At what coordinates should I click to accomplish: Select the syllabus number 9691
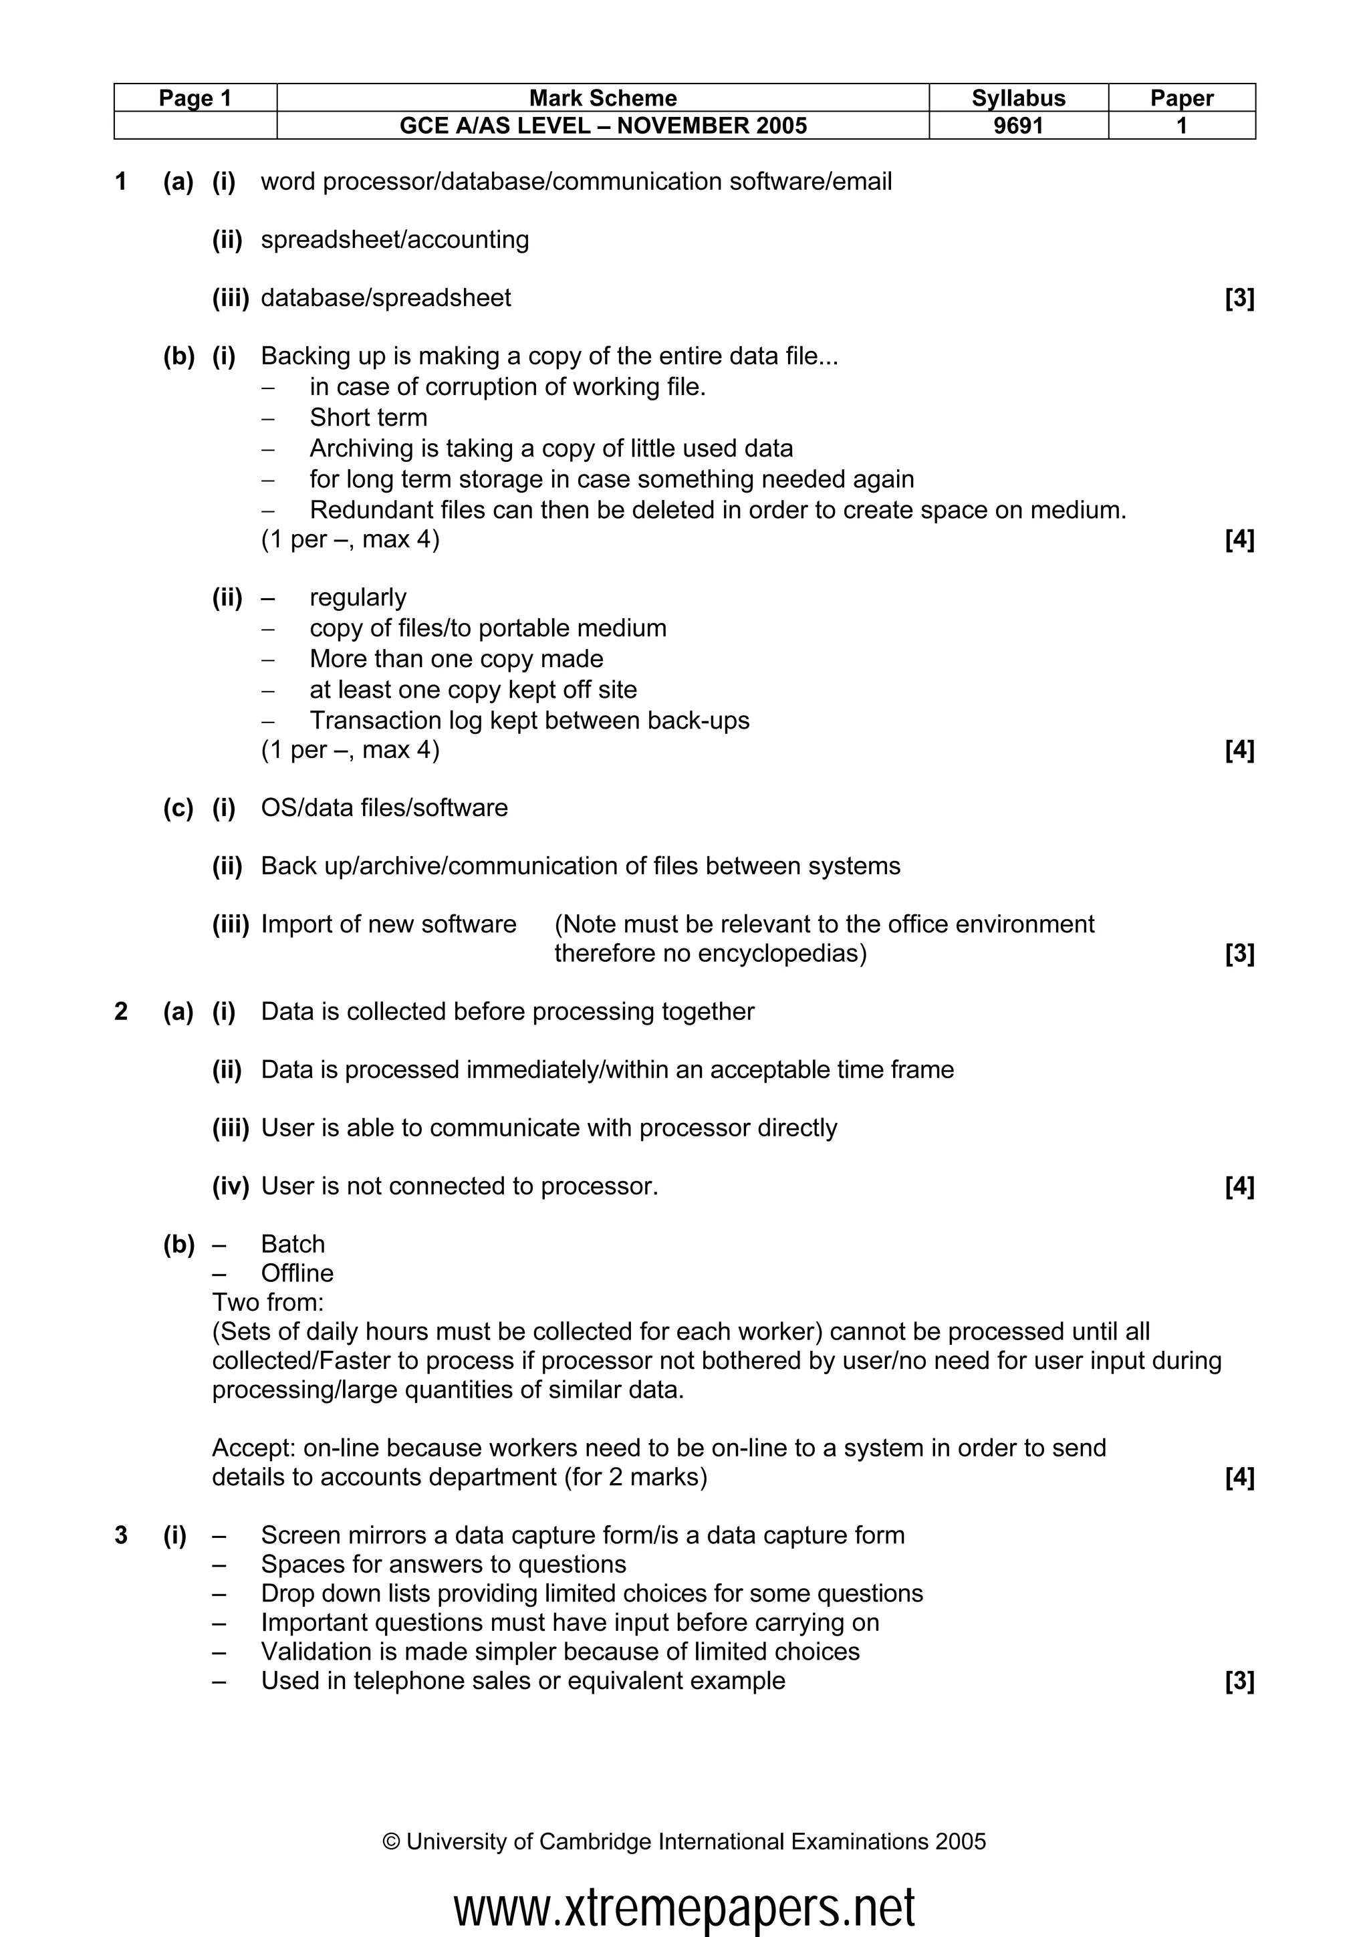(x=1018, y=126)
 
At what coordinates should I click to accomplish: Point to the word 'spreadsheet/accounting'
(x=395, y=239)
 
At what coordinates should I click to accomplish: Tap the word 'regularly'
(x=358, y=598)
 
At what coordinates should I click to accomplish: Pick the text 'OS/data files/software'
(x=384, y=807)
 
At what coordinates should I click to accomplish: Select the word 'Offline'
(x=297, y=1273)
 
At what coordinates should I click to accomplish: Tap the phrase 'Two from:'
(x=267, y=1302)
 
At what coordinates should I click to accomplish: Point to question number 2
(x=120, y=1011)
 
